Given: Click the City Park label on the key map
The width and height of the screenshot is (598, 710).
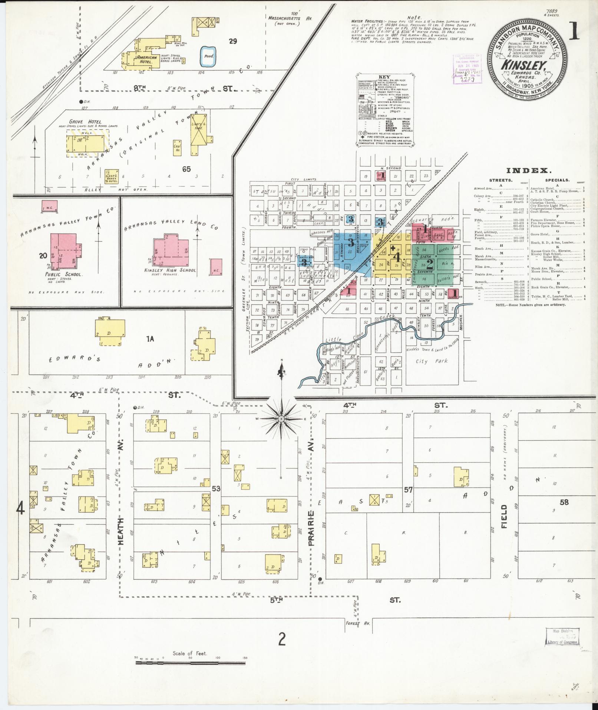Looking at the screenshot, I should pyautogui.click(x=432, y=361).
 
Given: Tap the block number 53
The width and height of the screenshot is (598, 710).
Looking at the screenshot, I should pyautogui.click(x=216, y=489).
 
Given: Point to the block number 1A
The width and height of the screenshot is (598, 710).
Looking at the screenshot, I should pyautogui.click(x=150, y=338).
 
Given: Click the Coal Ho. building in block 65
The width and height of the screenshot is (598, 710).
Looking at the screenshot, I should pyautogui.click(x=177, y=147).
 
